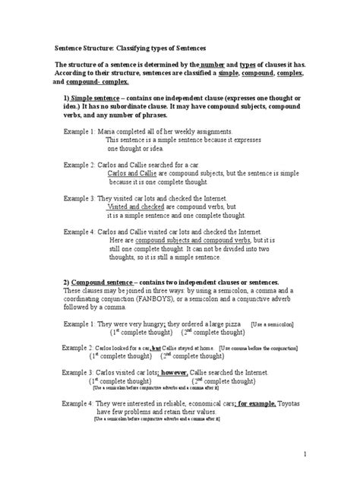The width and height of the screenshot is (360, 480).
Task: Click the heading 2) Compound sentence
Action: (102, 281)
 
